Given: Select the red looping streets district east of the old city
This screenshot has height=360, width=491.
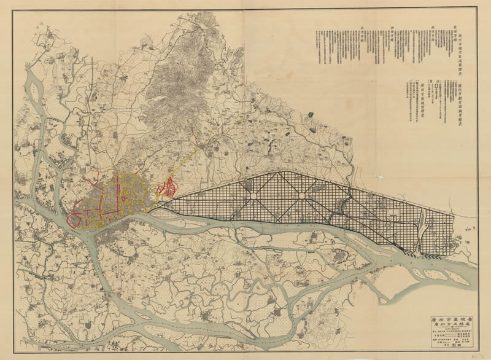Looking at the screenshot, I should pyautogui.click(x=168, y=187).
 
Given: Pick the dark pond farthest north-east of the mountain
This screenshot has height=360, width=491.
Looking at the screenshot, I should pyautogui.click(x=315, y=128).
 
